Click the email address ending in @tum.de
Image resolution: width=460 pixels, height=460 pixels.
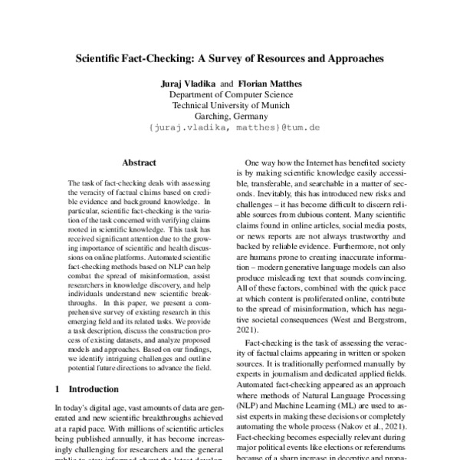(229, 130)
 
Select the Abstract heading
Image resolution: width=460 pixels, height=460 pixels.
(140, 163)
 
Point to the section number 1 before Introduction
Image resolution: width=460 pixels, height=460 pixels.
(60, 389)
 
